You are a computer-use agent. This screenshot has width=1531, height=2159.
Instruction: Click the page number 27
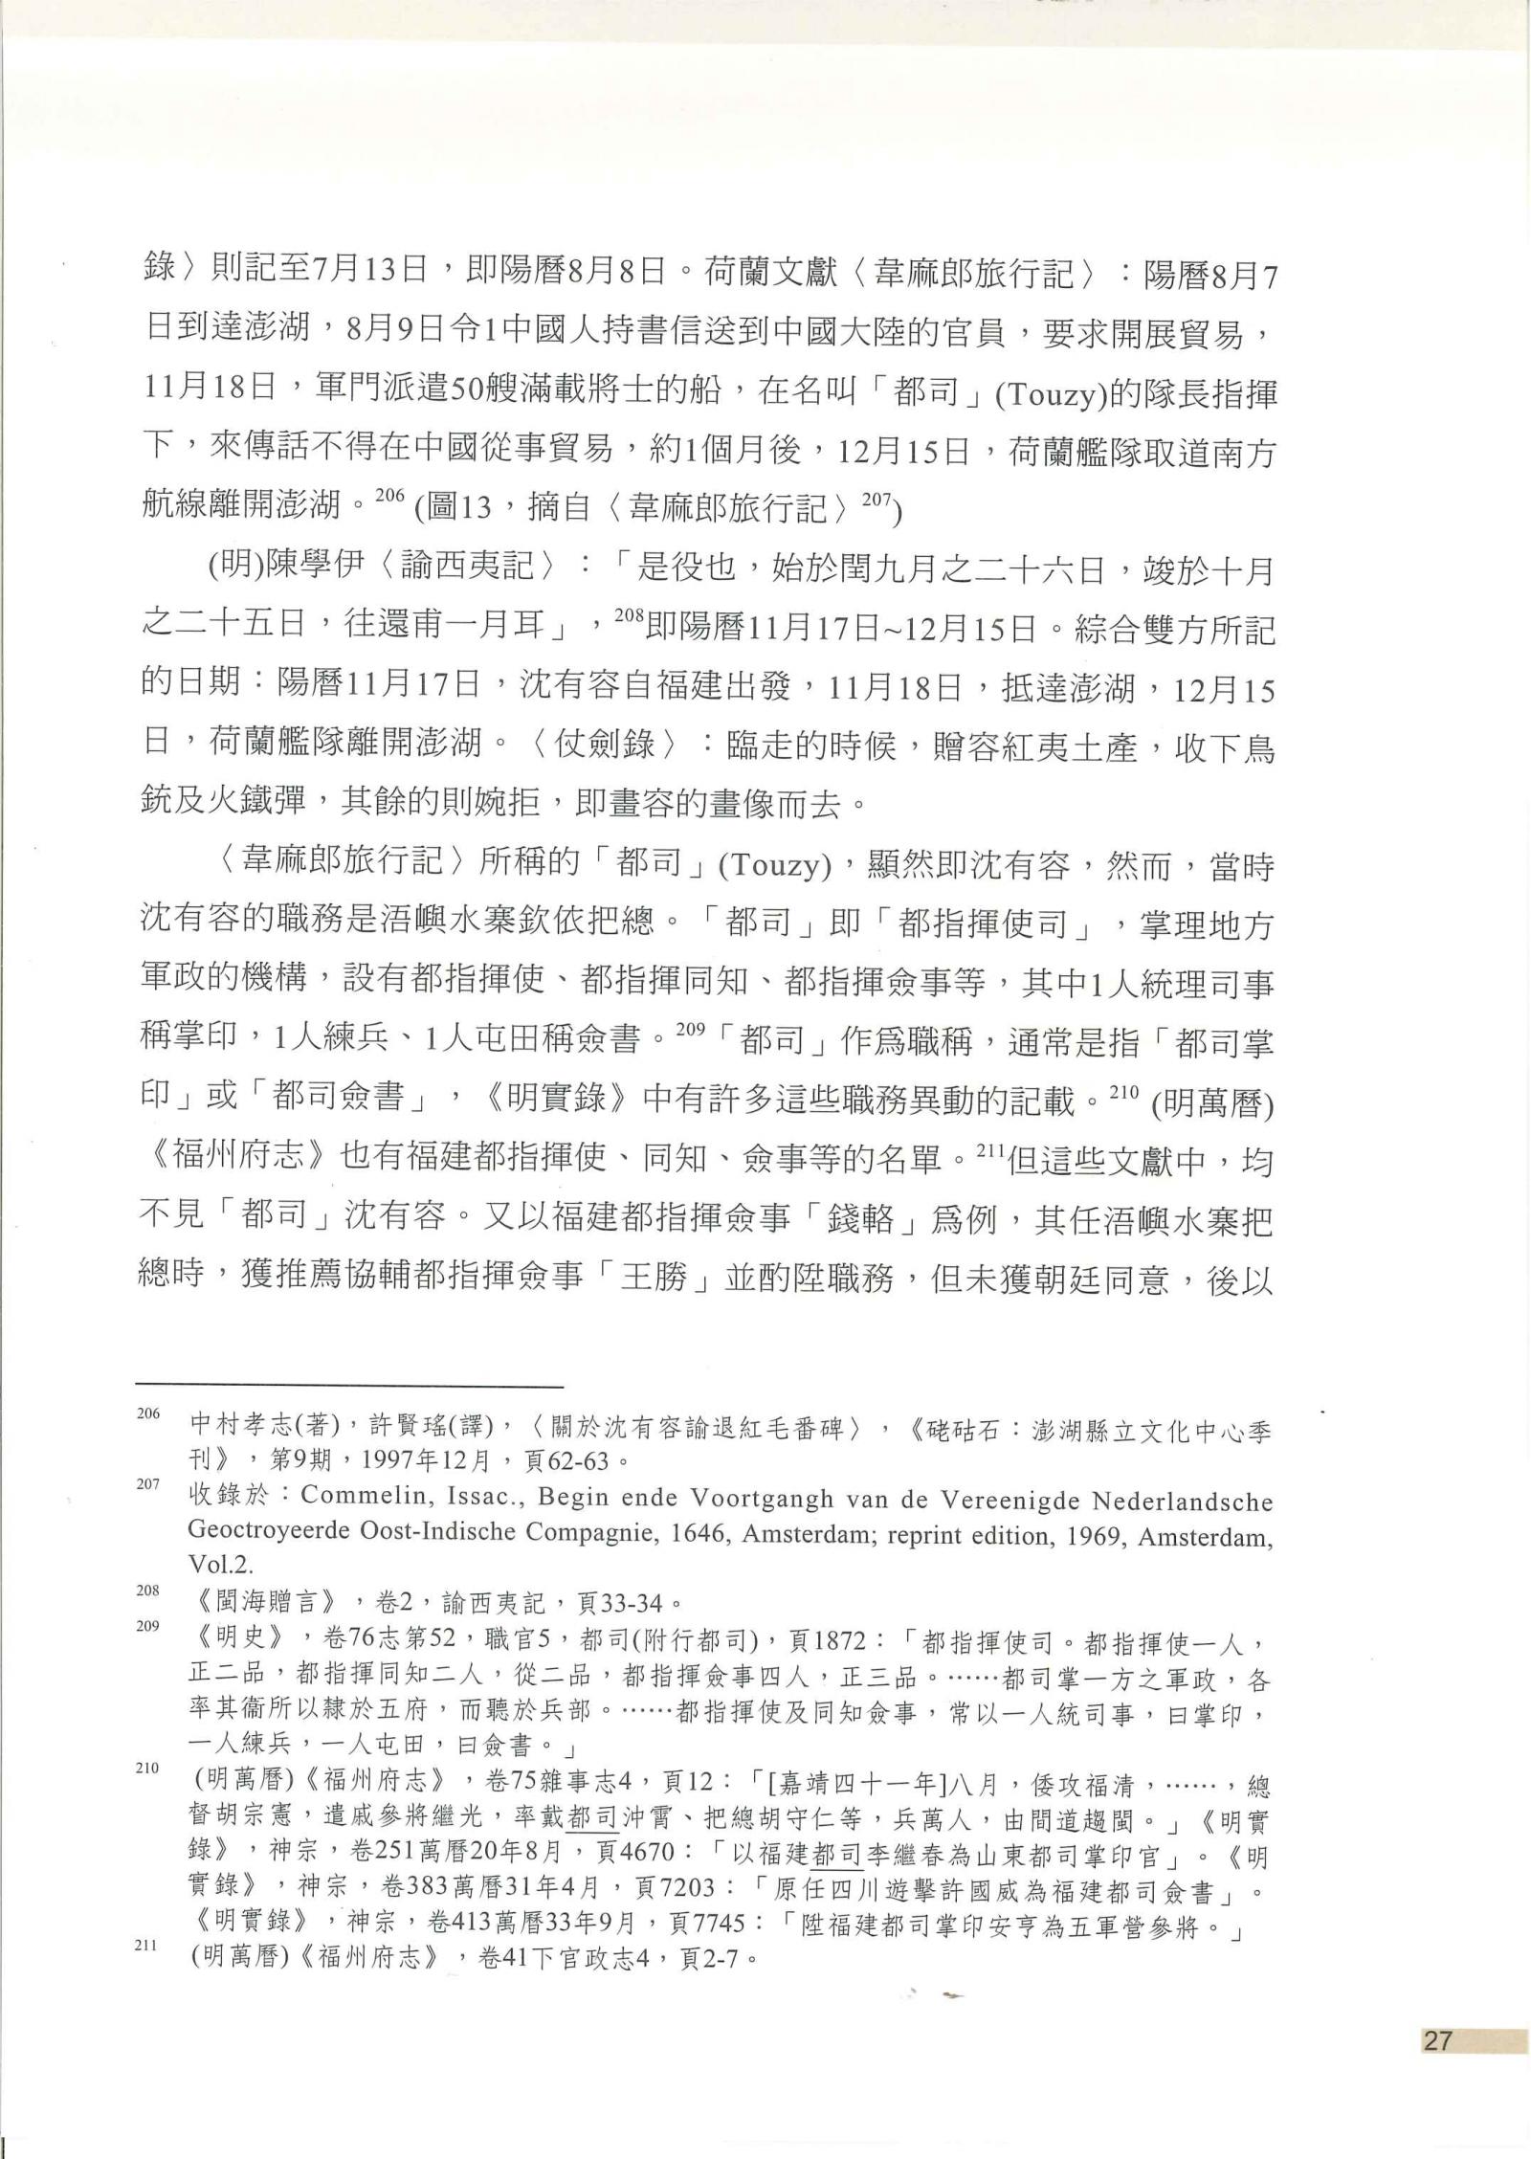tap(1437, 2038)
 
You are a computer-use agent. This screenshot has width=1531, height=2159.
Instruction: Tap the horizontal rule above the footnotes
tap(349, 1385)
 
